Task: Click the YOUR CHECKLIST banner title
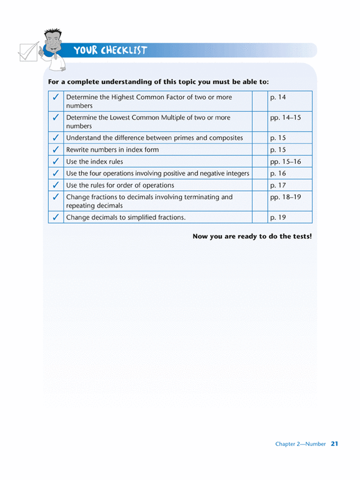point(110,51)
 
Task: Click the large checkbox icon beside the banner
point(28,52)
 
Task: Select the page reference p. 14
point(278,97)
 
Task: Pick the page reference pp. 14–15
point(285,118)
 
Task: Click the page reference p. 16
point(278,173)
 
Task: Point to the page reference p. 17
point(278,185)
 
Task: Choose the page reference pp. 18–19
point(285,197)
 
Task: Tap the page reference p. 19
point(278,217)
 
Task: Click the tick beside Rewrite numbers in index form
point(56,150)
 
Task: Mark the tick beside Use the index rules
point(56,162)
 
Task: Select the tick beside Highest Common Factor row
point(56,97)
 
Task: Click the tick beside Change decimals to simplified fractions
point(56,217)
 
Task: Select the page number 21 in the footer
point(334,444)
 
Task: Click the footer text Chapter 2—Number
point(300,444)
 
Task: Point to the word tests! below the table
point(300,236)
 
